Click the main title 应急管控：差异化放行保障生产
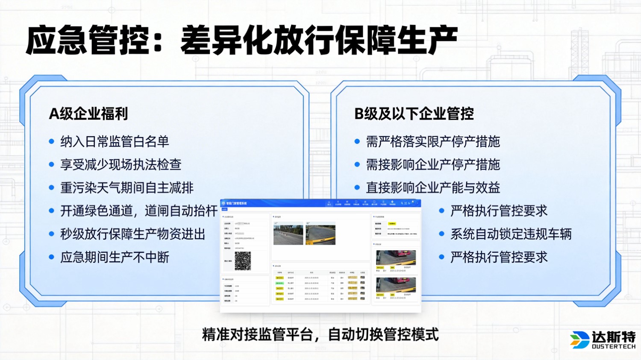tap(241, 41)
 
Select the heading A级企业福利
tap(88, 114)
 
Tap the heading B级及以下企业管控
tap(414, 114)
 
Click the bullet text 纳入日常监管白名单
tap(115, 141)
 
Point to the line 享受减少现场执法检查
tap(121, 164)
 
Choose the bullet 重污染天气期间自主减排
tap(127, 187)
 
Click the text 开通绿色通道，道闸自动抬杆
tap(139, 211)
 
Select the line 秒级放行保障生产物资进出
tap(133, 234)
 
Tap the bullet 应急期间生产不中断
tap(115, 257)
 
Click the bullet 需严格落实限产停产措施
tap(432, 141)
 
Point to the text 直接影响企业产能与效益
tap(432, 187)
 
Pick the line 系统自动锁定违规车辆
tap(511, 234)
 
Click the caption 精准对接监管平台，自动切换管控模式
tap(320, 334)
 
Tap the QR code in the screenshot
tap(243, 260)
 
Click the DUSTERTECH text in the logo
tap(614, 346)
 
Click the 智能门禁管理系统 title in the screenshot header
tap(236, 203)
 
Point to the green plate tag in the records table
tap(279, 283)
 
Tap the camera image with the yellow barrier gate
tap(320, 234)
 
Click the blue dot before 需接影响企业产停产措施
tap(357, 164)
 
